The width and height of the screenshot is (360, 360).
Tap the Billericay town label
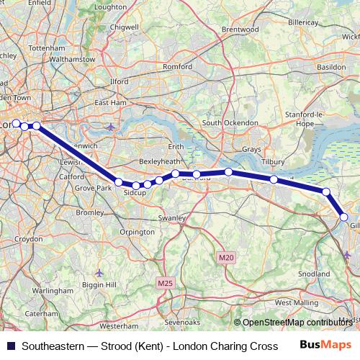pyautogui.click(x=302, y=23)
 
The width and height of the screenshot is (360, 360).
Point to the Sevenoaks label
pyautogui.click(x=182, y=323)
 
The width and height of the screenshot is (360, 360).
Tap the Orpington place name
pyautogui.click(x=137, y=232)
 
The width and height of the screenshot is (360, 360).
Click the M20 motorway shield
pyautogui.click(x=226, y=256)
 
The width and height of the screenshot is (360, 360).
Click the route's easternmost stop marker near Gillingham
pyautogui.click(x=344, y=217)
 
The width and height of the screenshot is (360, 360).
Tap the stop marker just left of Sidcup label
pyautogui.click(x=119, y=182)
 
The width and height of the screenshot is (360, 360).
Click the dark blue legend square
pyautogui.click(x=9, y=346)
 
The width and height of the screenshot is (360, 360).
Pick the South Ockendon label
pyautogui.click(x=230, y=123)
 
